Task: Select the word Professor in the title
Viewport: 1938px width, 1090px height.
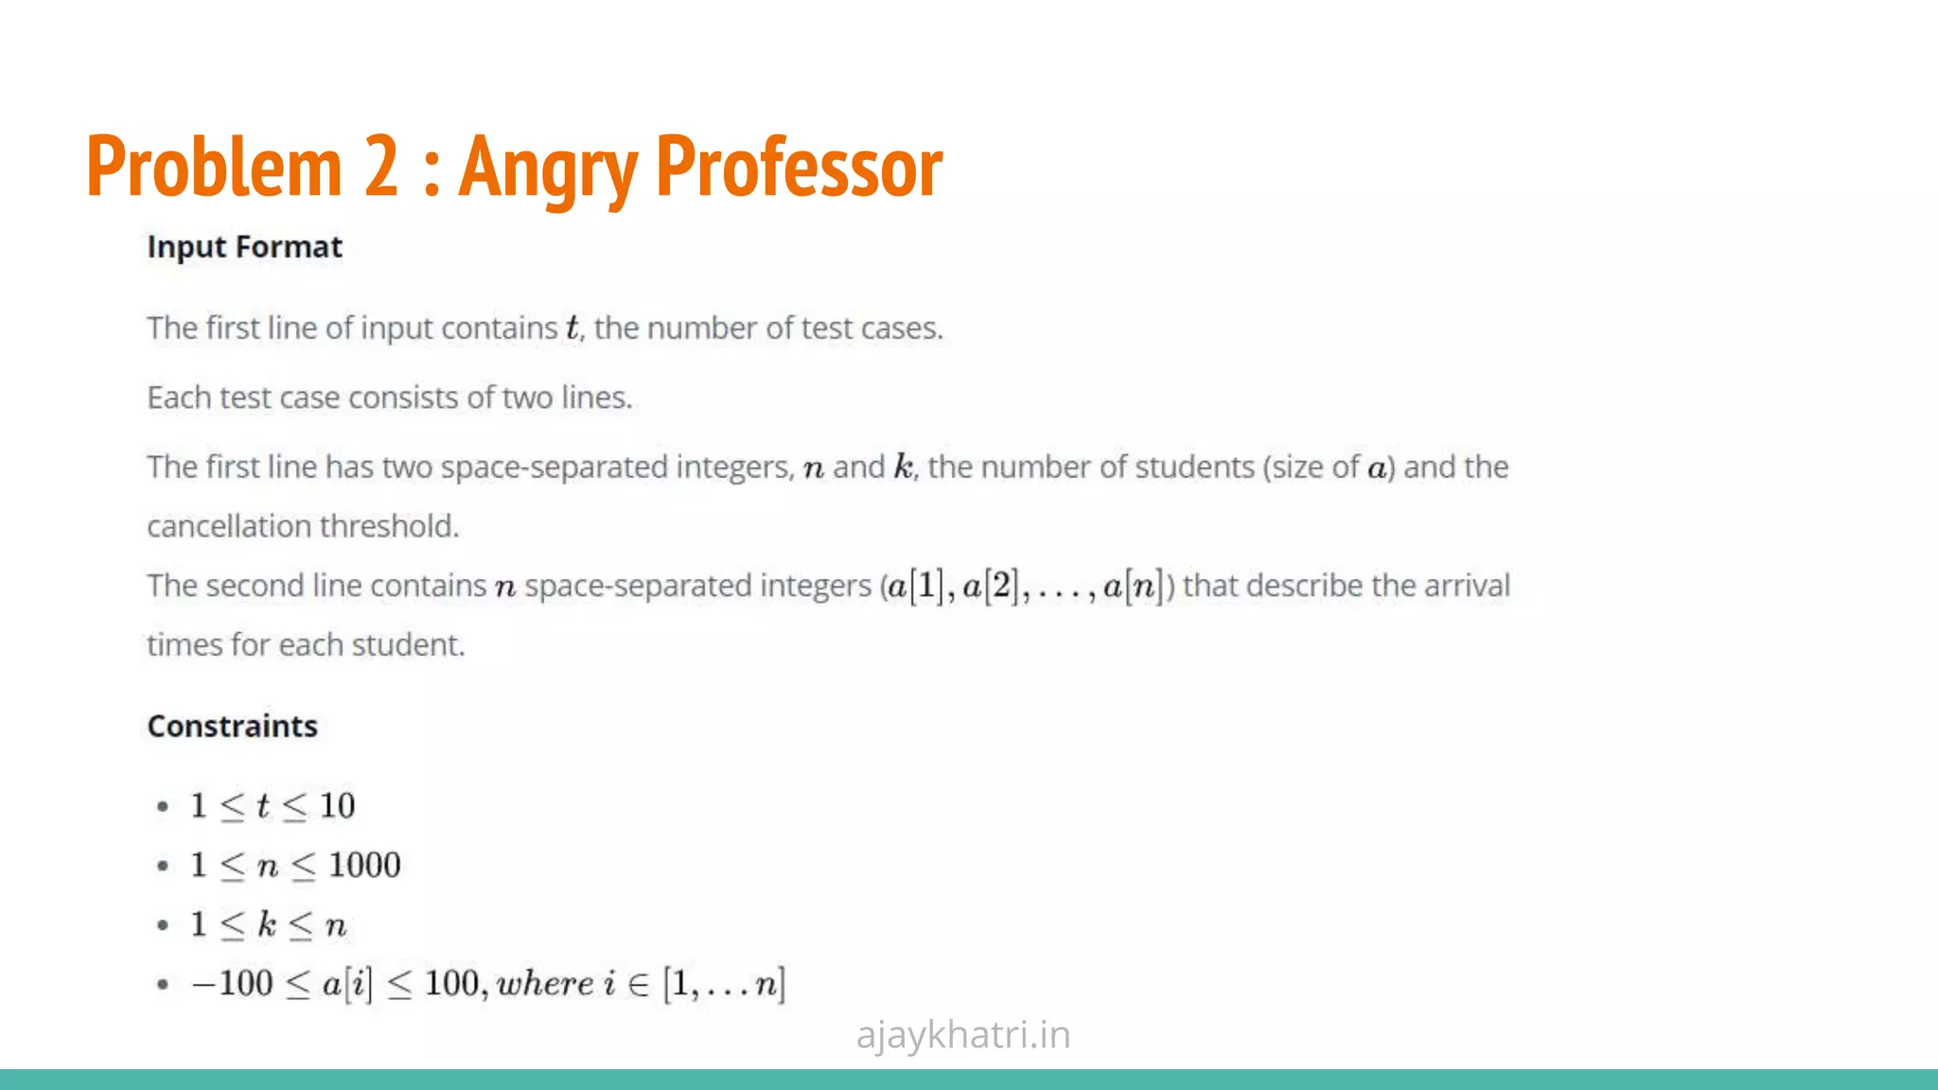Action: (x=799, y=167)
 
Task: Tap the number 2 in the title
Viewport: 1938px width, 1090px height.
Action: (x=381, y=167)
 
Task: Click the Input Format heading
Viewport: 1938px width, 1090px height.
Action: (x=244, y=247)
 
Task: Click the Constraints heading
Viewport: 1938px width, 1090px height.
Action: (x=232, y=726)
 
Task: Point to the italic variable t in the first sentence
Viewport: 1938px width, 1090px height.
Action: (x=572, y=328)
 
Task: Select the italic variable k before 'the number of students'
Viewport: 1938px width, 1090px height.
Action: (x=904, y=466)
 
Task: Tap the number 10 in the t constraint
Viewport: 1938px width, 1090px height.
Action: (x=337, y=805)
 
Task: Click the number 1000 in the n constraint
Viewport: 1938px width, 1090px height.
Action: (x=364, y=865)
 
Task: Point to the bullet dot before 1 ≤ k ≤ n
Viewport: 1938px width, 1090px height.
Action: (x=163, y=924)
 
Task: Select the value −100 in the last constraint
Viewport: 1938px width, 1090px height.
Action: (x=232, y=984)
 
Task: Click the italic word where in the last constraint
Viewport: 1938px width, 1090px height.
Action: (x=545, y=984)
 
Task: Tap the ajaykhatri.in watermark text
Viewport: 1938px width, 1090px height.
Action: (x=962, y=1034)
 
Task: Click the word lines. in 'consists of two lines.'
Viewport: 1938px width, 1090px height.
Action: (x=596, y=397)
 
